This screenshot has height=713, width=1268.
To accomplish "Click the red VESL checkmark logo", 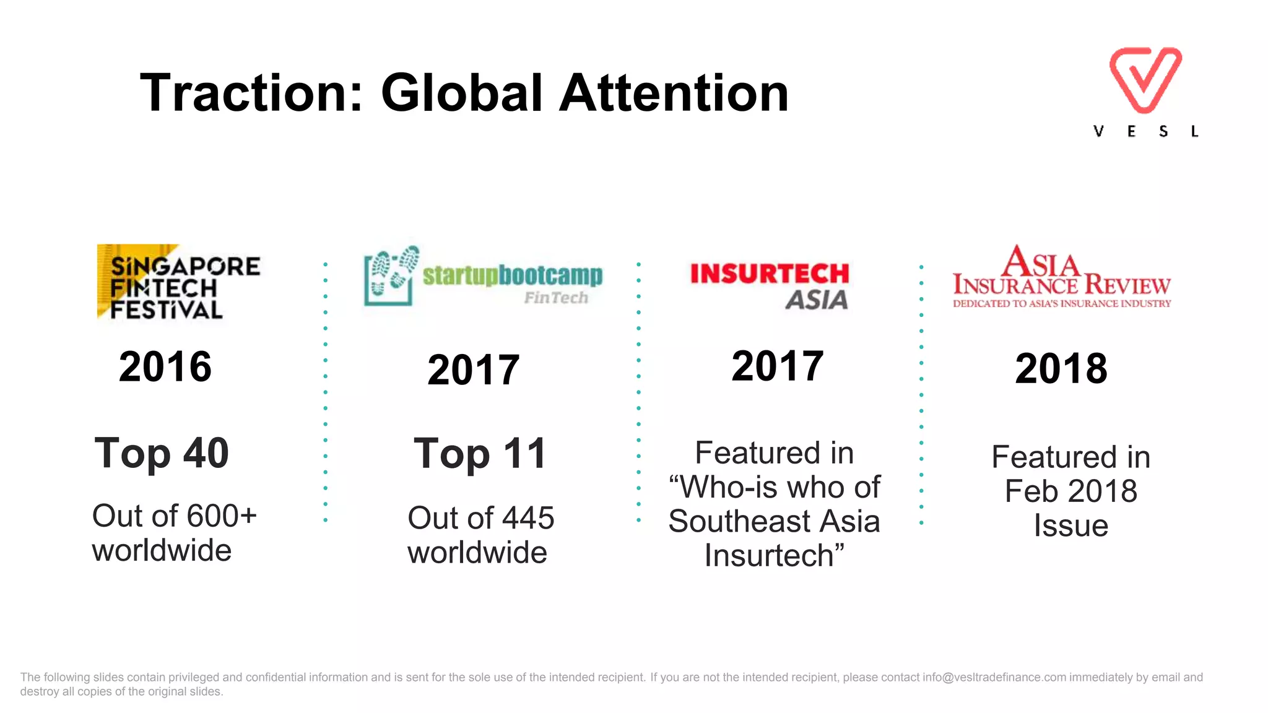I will coord(1145,79).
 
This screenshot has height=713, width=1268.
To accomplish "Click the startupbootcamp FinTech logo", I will coord(483,277).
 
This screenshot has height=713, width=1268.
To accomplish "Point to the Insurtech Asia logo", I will coord(770,285).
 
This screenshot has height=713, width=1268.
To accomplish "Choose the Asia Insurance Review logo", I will coord(1061,277).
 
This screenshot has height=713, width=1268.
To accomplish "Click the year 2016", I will coord(165,366).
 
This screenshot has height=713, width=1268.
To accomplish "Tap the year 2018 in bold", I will coord(1061,369).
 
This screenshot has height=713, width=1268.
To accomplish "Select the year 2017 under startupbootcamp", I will coord(473,370).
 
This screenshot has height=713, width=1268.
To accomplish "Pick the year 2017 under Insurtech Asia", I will coord(777,366).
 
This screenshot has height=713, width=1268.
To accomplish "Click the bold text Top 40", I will coord(162,453).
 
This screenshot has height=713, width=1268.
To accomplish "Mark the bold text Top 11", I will coord(480,454).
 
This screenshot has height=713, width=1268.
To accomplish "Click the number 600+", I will coord(222,516).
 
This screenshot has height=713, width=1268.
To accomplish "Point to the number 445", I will coord(528,518).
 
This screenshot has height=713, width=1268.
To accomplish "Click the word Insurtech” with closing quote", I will coord(774,555).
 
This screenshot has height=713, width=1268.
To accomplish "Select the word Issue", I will coord(1070,525).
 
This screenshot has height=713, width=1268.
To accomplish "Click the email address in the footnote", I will coord(994,677).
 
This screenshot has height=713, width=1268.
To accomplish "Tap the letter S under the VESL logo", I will coord(1163,132).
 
